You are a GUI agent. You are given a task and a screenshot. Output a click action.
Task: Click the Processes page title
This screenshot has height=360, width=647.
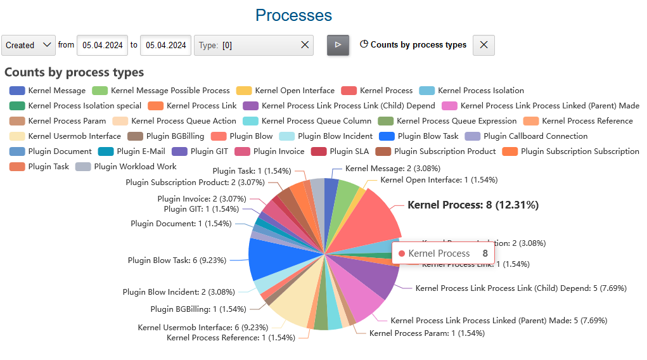293,15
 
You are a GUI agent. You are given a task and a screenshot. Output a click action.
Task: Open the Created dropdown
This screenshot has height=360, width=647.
29,45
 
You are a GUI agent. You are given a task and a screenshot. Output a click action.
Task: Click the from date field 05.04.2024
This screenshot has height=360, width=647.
102,45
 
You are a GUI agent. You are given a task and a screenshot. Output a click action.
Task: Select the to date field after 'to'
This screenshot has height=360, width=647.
165,45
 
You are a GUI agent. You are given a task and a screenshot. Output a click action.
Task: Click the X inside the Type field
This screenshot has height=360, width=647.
305,45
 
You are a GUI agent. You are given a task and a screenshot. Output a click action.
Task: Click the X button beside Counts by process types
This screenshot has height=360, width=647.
484,45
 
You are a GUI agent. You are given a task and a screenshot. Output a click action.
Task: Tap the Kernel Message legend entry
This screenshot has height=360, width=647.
48,91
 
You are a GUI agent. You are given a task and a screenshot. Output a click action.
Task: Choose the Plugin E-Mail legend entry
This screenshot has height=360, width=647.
132,151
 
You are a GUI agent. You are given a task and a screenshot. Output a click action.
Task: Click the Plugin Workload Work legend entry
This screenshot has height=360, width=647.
126,167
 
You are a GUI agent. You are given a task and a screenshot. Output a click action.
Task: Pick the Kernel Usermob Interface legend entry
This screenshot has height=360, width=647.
66,136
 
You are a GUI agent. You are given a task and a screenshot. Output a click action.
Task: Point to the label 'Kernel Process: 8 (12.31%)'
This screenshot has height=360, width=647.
473,205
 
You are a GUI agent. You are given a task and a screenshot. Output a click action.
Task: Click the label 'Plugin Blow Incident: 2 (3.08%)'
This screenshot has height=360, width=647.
179,292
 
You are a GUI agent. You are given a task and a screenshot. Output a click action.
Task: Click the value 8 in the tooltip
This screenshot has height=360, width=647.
485,254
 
